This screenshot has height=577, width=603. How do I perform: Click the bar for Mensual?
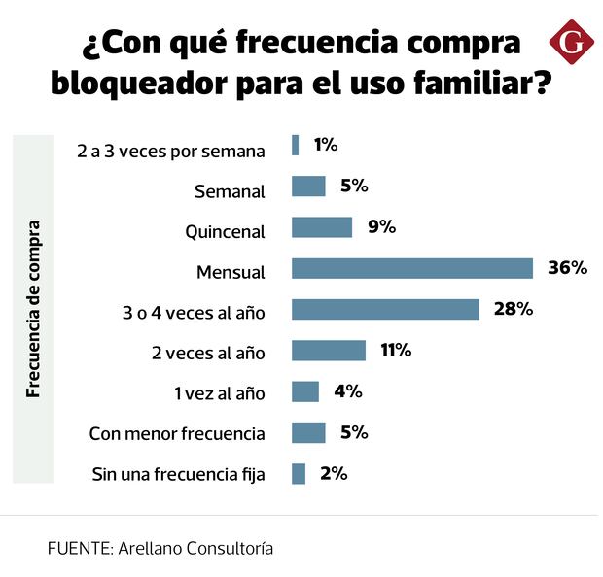tap(412, 268)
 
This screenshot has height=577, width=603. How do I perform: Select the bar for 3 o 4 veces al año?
tap(385, 309)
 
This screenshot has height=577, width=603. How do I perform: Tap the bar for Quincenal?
tap(322, 227)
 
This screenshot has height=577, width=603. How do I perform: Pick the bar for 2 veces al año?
tap(329, 351)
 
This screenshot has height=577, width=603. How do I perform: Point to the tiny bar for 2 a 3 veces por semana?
tap(296, 145)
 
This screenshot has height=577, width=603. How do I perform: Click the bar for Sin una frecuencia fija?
tap(299, 474)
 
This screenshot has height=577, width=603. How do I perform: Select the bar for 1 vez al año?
tap(305, 391)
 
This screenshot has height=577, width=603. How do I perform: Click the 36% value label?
tap(568, 268)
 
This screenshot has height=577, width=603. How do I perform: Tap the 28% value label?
tap(514, 309)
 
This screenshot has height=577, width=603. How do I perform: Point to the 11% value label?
tap(396, 351)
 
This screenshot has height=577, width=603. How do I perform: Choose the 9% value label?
tap(381, 227)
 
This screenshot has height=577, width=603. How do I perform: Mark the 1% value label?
tap(325, 145)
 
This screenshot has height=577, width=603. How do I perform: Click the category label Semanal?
tap(231, 191)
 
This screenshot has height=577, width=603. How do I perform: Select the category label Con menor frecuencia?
tap(177, 433)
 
